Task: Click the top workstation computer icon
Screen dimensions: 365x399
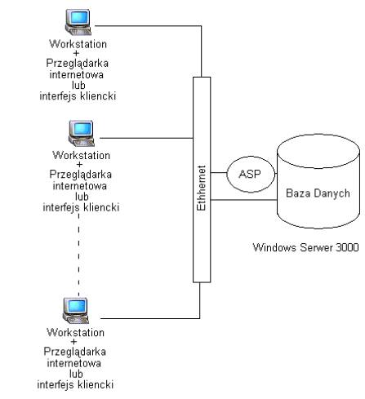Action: coord(78,22)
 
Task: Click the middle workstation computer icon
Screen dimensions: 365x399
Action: coord(82,133)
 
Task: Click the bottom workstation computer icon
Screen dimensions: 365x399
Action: coord(76,311)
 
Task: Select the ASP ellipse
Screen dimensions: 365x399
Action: coord(251,174)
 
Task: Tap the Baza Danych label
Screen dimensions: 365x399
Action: coord(318,193)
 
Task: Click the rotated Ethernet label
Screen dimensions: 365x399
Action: coord(202,188)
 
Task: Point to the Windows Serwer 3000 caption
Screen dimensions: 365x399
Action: coord(305,247)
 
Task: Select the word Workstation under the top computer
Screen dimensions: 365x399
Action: coord(78,44)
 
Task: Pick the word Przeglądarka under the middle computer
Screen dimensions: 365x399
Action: coord(81,175)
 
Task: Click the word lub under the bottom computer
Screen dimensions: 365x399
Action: coord(76,374)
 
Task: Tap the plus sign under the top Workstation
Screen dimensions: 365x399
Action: coord(76,53)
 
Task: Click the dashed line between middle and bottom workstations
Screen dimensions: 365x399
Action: coord(78,255)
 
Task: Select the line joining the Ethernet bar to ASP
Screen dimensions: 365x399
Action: coord(219,172)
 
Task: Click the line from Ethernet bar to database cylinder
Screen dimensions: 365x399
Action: coord(243,200)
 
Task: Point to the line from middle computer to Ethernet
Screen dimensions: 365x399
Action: coord(146,138)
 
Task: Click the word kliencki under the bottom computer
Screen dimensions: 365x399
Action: coord(96,384)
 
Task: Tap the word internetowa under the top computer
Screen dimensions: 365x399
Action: coord(77,74)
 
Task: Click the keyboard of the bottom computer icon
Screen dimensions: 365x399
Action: coord(77,320)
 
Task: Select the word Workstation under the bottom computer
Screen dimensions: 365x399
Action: coord(75,333)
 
